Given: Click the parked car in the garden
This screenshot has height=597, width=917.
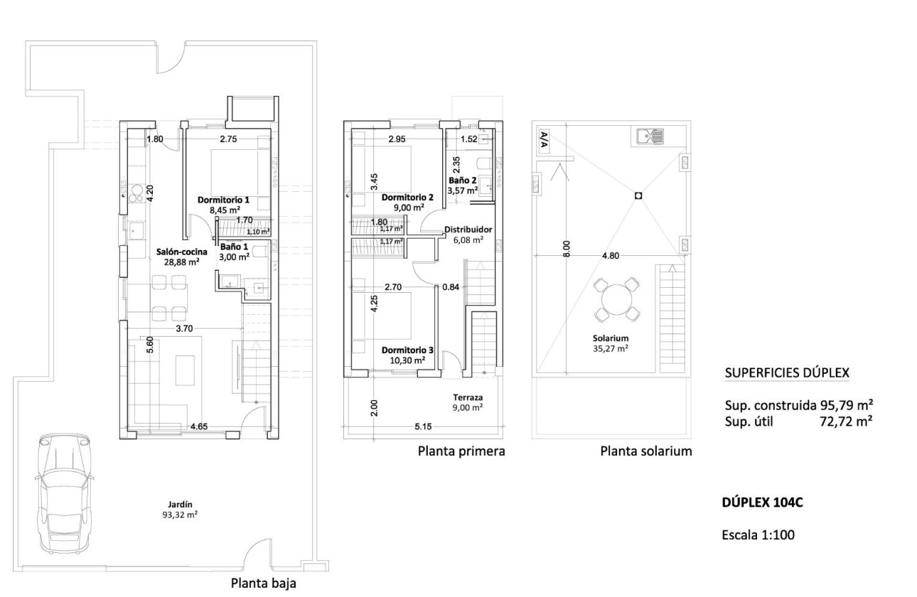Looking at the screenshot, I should (64, 492).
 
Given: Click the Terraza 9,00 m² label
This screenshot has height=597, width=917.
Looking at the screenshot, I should (468, 402).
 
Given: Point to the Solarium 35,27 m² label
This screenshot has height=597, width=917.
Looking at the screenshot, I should (612, 343).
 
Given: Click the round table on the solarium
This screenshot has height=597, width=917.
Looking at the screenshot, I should (616, 299).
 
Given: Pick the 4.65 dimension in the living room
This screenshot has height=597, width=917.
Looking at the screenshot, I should (200, 427).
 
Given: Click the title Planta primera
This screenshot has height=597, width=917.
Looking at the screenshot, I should (461, 451).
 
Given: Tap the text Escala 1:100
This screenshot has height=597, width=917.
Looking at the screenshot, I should (758, 535).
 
